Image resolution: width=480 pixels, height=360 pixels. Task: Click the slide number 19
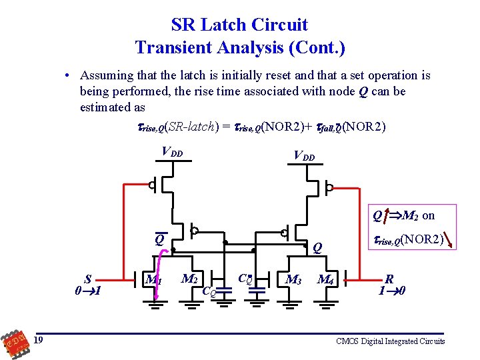click(40, 341)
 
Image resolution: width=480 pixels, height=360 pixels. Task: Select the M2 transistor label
click(190, 277)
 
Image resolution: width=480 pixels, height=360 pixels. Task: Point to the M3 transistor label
click(293, 279)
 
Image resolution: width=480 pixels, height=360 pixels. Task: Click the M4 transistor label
click(326, 279)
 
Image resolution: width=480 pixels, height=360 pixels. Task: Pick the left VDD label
click(173, 151)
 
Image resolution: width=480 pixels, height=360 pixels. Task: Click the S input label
click(87, 279)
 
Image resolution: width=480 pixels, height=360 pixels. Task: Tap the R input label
click(389, 279)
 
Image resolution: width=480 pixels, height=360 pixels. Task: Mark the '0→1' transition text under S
click(88, 291)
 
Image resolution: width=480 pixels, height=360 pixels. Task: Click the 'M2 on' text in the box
click(418, 215)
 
